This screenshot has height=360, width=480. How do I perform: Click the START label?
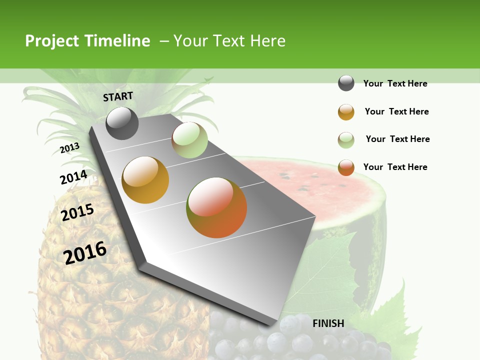(118, 96)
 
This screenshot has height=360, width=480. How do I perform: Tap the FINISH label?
(328, 323)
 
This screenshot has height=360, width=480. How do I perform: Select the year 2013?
(69, 148)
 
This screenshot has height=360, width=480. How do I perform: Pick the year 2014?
(73, 177)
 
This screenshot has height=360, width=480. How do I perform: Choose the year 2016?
(85, 252)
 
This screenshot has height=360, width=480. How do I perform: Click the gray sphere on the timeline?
(122, 123)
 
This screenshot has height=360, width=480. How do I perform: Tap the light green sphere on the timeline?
(189, 140)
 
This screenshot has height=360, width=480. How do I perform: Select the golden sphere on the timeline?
(145, 180)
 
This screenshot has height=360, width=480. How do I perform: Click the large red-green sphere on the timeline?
(216, 207)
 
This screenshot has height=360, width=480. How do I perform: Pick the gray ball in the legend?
(346, 83)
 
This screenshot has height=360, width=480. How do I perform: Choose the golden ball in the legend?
(346, 112)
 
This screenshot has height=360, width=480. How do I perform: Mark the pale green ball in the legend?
(346, 140)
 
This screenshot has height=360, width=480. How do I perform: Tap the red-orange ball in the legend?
(346, 167)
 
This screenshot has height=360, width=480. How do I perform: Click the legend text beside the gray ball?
(395, 83)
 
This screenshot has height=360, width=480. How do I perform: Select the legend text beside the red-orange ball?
(395, 167)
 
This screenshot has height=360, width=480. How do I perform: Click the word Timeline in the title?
(117, 41)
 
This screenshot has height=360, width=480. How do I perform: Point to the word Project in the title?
(52, 41)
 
